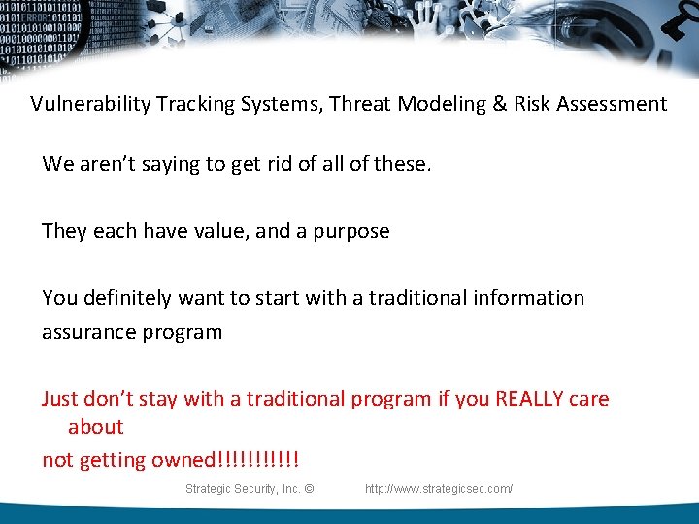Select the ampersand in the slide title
click(500, 104)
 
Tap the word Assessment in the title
click(610, 104)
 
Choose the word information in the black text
click(529, 297)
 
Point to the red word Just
click(59, 398)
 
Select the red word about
click(95, 426)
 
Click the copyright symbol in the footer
click(308, 489)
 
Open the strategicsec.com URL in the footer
click(438, 489)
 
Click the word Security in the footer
click(248, 489)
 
